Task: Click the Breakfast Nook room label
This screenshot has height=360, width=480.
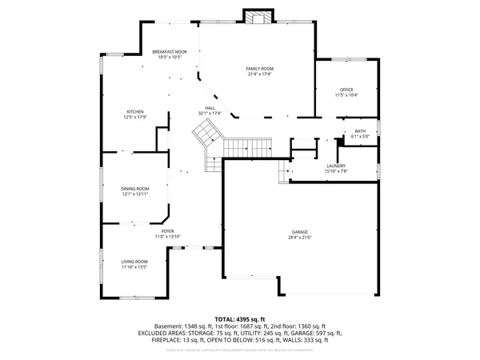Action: tap(169, 52)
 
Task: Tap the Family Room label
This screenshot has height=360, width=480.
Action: tap(259, 70)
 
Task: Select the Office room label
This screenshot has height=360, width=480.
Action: tap(346, 90)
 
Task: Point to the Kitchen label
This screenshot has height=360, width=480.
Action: tap(134, 111)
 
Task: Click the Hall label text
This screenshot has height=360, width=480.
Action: tap(210, 107)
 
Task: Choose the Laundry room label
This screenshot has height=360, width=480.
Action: tap(336, 166)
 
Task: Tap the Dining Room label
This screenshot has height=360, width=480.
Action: tap(134, 188)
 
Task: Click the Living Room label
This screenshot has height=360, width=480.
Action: tap(134, 262)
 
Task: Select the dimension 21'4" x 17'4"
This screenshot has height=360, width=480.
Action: tap(259, 75)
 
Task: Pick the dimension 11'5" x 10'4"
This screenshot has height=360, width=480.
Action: tap(346, 95)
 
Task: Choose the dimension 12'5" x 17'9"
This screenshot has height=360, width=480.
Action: tap(134, 117)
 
